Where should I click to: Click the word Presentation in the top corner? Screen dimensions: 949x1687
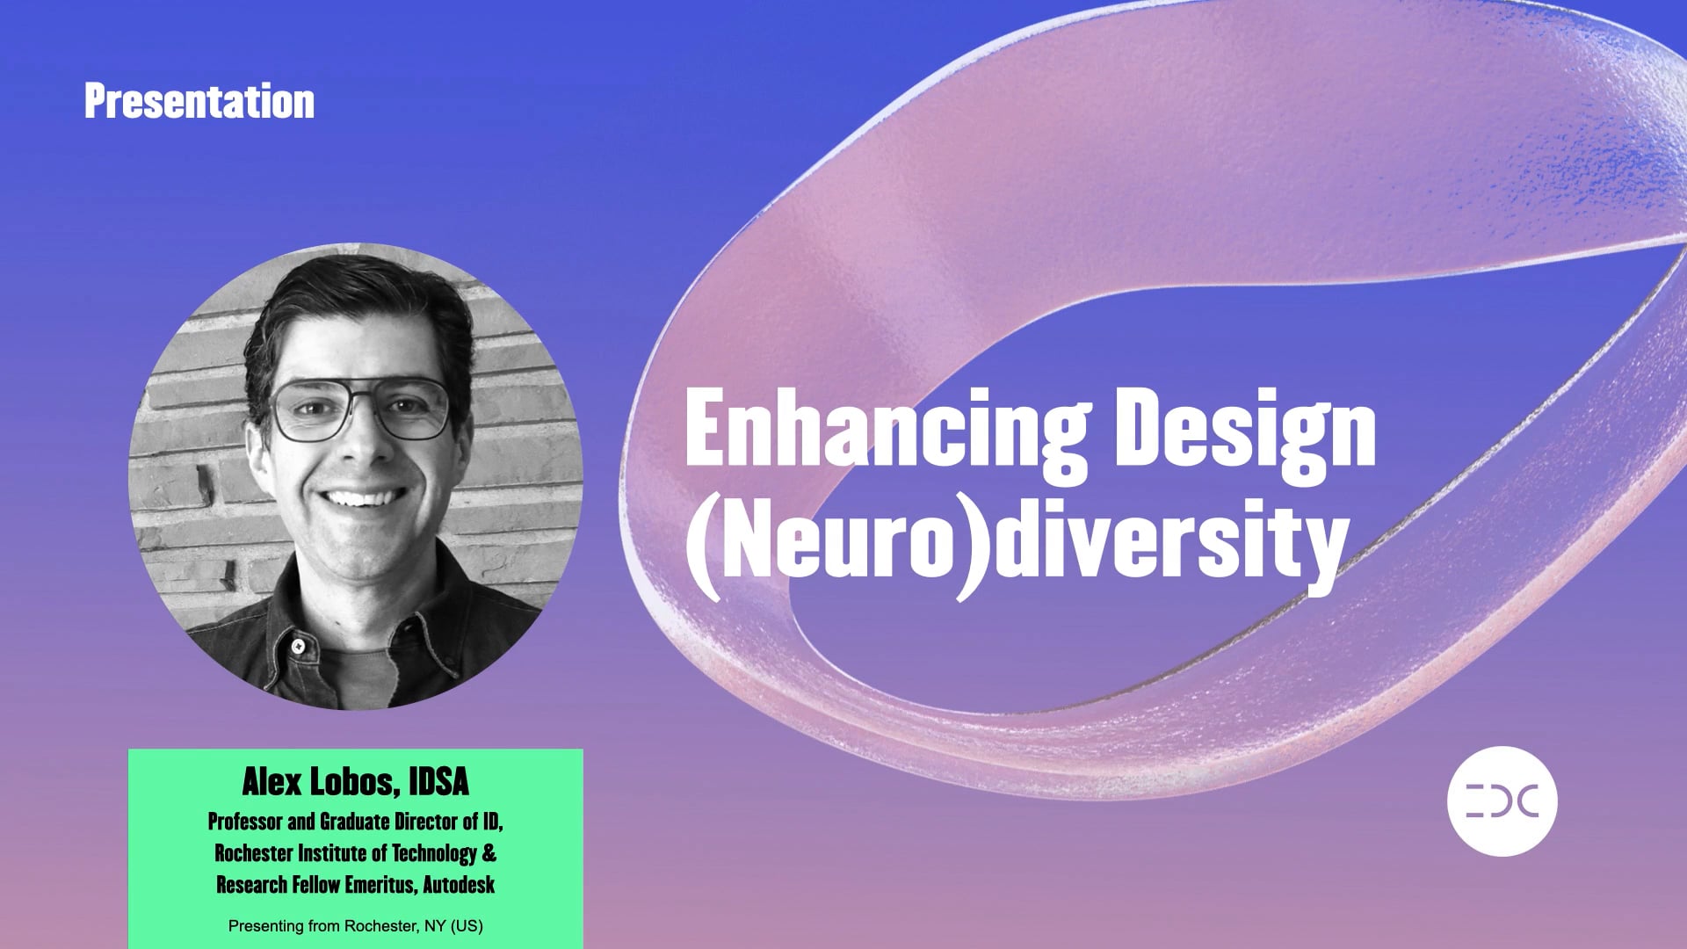tap(199, 102)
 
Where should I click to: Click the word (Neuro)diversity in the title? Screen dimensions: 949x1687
tap(1017, 540)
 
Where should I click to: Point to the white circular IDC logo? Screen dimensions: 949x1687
tap(1502, 801)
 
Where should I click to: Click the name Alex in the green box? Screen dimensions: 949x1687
tap(272, 781)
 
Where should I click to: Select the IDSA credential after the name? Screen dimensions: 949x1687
tap(438, 781)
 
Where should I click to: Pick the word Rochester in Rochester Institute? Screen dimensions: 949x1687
tap(254, 853)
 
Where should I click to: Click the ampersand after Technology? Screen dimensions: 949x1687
tap(489, 853)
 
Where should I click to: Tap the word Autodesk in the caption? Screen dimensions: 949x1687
tap(459, 885)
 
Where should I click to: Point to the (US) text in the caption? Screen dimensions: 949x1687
tap(467, 926)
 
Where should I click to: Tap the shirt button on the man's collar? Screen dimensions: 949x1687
tap(299, 647)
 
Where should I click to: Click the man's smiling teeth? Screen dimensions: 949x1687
tap(362, 499)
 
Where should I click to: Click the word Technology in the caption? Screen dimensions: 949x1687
tap(434, 853)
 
